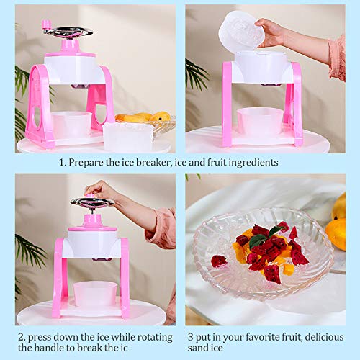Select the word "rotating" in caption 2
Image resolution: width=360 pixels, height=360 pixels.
pos(148,337)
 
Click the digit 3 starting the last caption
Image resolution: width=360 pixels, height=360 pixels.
pos(189,337)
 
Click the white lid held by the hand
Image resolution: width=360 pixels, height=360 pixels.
pos(241,32)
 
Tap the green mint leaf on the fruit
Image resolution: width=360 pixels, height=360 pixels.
pos(258,240)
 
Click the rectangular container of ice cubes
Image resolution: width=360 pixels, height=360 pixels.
pos(128,135)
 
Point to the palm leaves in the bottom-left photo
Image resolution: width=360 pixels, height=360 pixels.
pos(29,252)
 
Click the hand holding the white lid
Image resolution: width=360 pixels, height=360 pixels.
pos(274,32)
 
